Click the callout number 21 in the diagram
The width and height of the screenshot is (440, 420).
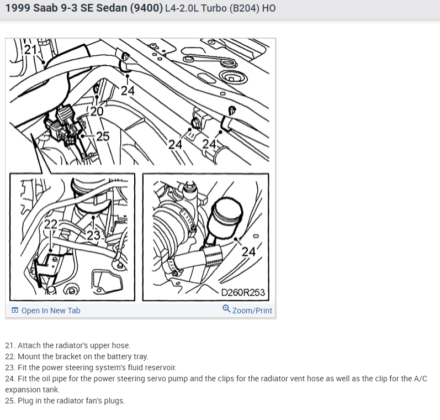pos(30,50)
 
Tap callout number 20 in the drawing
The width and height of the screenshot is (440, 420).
pos(97,111)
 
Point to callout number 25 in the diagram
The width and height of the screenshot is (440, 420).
pos(103,136)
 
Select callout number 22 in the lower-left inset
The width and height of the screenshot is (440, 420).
pos(50,224)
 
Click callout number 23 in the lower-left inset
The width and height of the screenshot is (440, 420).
pos(93,235)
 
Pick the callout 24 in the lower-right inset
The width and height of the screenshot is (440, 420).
pos(248,251)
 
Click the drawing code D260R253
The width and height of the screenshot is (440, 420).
pos(243,293)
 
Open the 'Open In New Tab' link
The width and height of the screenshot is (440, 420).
pos(51,311)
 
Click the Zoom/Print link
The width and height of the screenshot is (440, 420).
pos(252,311)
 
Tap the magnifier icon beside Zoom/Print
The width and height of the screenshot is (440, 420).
pos(226,309)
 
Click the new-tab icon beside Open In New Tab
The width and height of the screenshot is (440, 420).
pos(15,310)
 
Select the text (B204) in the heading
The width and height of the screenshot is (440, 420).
pos(245,8)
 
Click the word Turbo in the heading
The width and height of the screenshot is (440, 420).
pos(214,8)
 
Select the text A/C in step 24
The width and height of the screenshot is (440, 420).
pos(420,379)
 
